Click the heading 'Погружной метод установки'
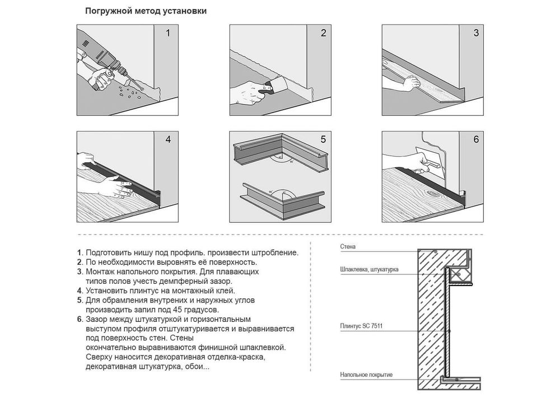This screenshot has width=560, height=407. [146, 11]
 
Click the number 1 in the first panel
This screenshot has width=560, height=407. [168, 33]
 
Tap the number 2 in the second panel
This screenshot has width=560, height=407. [323, 33]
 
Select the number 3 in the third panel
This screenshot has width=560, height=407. [476, 33]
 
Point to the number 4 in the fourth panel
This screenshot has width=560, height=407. [168, 139]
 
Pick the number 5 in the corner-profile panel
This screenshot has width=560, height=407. [323, 139]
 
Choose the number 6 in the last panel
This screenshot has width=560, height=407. [476, 139]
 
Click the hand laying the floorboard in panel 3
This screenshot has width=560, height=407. [410, 83]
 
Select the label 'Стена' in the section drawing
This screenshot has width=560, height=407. [348, 246]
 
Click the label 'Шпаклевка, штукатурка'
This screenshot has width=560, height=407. [369, 269]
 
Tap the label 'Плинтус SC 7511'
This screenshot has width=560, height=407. [361, 326]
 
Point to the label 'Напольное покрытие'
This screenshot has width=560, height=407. [366, 375]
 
